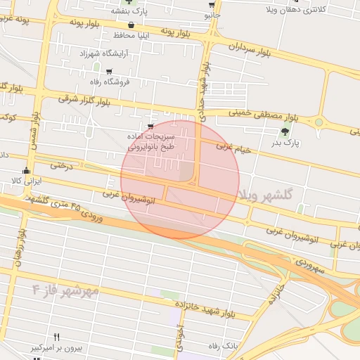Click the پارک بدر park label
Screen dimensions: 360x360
tap(285, 143)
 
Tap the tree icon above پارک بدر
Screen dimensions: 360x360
tap(285, 131)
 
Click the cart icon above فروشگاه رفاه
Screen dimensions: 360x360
tap(109, 72)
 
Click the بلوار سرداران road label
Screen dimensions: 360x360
tap(250, 50)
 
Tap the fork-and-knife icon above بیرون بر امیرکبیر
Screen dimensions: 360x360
tap(57, 337)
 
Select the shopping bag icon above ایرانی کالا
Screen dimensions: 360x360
tap(27, 169)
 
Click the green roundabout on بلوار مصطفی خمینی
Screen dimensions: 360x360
tap(319, 122)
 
